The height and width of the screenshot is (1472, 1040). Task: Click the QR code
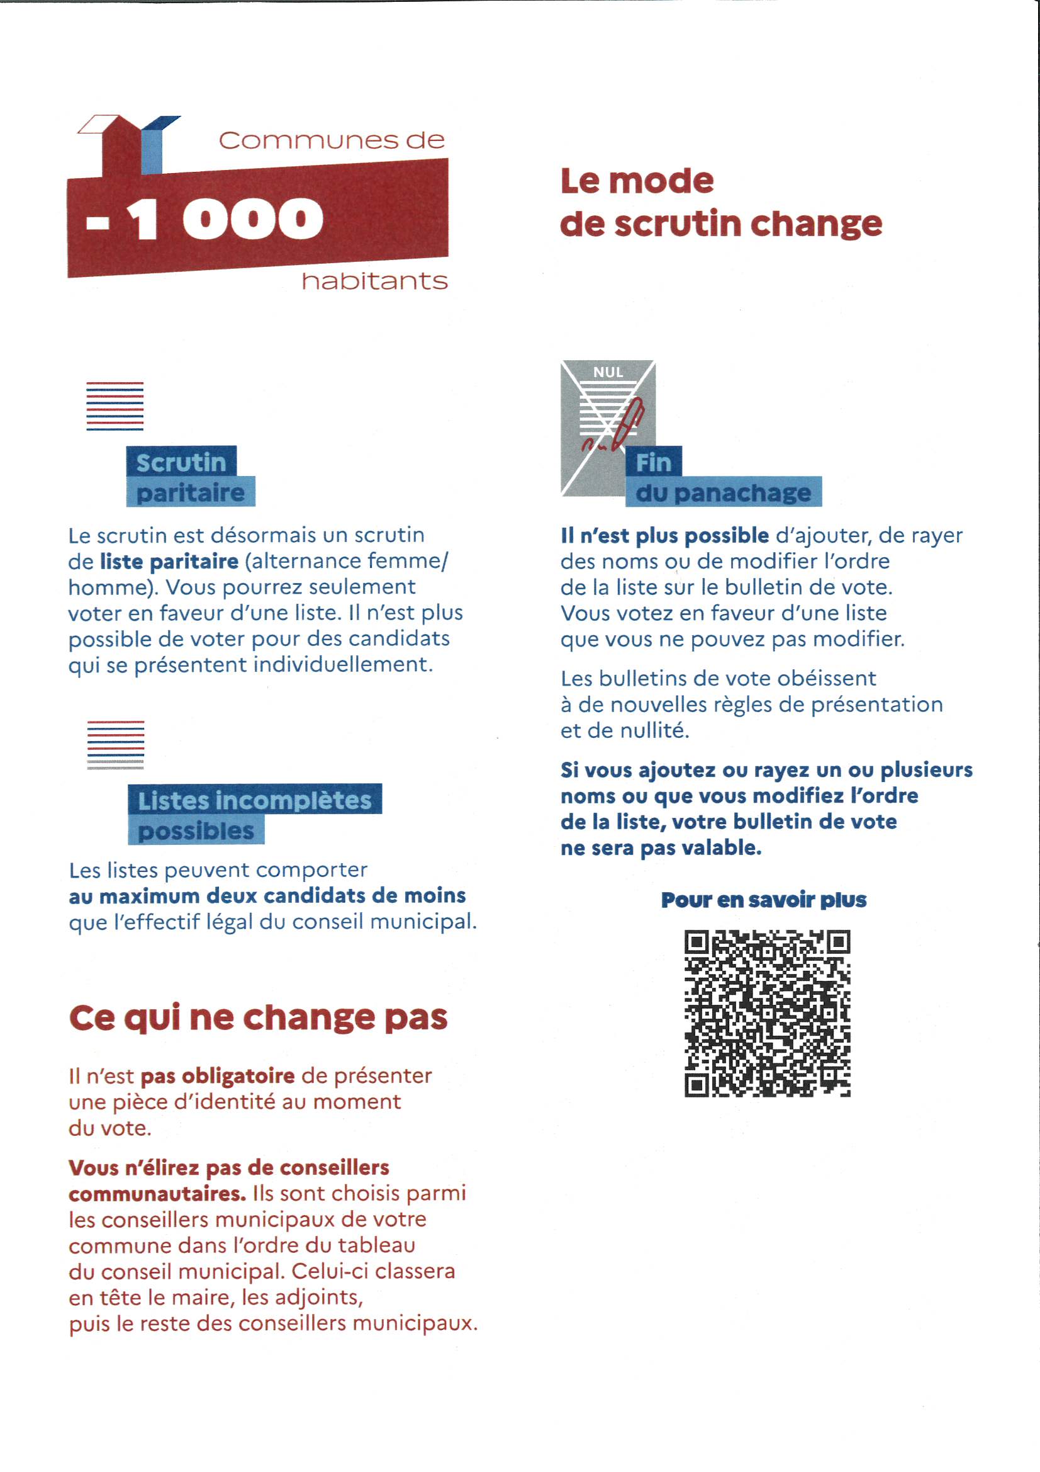pos(767,1013)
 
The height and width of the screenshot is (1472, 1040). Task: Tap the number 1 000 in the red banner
pos(223,220)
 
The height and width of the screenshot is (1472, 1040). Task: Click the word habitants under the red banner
pos(374,281)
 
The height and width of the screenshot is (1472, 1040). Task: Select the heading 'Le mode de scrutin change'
pos(720,202)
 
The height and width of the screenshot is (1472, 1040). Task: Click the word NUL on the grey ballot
pos(608,372)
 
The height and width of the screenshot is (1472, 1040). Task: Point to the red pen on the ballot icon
pos(628,423)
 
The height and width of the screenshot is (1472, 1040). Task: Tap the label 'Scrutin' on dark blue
pos(181,461)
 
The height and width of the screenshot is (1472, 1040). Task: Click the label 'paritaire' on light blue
pos(190,492)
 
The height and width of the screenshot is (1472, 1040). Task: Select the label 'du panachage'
pos(723,492)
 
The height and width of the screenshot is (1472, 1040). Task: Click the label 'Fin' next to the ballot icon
pos(653,461)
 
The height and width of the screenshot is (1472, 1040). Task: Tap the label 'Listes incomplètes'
pos(254,800)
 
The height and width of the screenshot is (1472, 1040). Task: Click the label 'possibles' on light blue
pos(196,831)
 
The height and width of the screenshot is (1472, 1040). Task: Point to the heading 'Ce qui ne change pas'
pos(258,1017)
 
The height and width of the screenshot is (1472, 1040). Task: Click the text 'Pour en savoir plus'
pos(763,900)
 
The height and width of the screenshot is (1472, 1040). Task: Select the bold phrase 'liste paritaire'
pos(169,562)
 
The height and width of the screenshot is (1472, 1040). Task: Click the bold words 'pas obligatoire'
pos(218,1076)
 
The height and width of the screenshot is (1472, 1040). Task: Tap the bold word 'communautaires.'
pos(158,1194)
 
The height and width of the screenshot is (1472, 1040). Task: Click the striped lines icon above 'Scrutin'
pos(115,406)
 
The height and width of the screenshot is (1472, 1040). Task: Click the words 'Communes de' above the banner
pos(332,140)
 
